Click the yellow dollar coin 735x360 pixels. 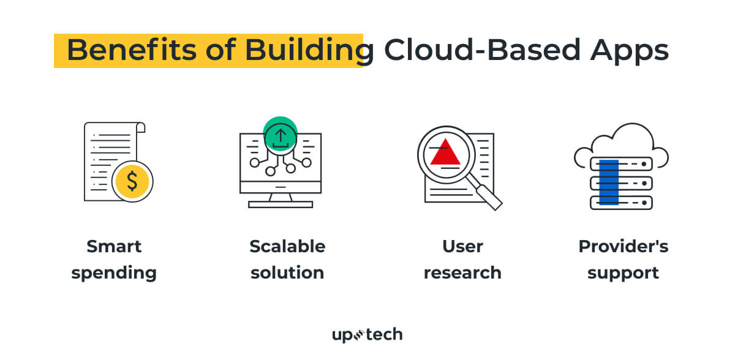coord(132,181)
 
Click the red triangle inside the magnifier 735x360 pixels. coord(445,152)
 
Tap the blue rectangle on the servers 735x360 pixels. coord(608,182)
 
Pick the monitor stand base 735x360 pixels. coord(281,204)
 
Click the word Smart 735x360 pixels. coord(114,247)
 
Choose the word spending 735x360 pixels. coord(114,272)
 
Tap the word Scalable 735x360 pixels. coord(287,247)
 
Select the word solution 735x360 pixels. coord(287,272)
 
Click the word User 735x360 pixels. coord(462,247)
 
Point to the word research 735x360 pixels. coord(462,272)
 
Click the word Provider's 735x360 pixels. coord(624,247)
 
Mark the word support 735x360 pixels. coord(624,272)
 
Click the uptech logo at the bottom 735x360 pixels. coord(367,334)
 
